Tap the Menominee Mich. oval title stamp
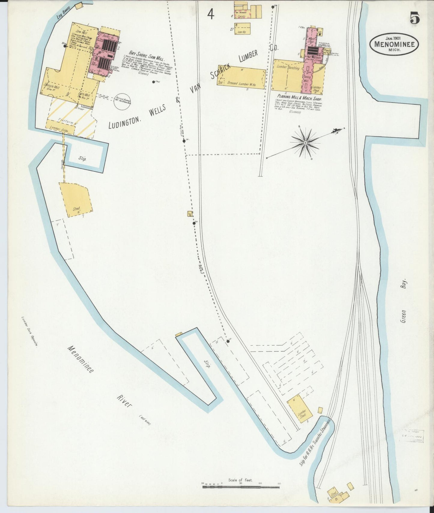coord(394,44)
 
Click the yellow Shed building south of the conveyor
coord(75,199)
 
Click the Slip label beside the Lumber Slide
coord(82,159)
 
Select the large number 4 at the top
coord(211,14)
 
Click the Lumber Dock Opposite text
coord(29,331)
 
